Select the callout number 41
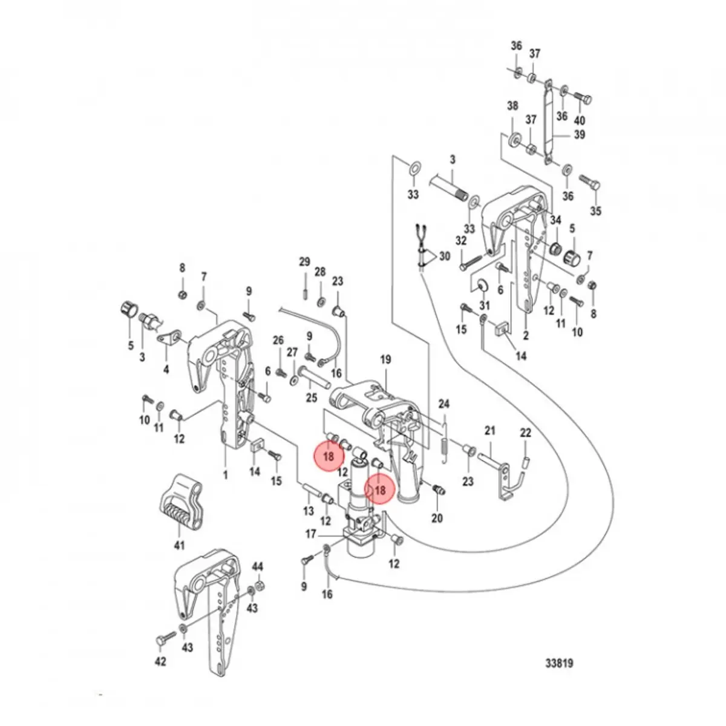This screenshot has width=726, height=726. [x=179, y=546]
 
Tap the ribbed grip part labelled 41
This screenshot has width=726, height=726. [x=181, y=502]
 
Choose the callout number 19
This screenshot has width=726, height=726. [x=385, y=359]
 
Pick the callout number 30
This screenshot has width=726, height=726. [x=445, y=257]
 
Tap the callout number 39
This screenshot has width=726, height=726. [x=579, y=134]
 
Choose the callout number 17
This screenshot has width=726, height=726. [x=310, y=534]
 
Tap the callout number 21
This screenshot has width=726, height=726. [x=490, y=430]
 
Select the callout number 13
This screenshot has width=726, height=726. [x=309, y=511]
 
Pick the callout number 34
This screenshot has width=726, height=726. [x=555, y=219]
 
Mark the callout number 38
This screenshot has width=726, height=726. [x=512, y=106]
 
